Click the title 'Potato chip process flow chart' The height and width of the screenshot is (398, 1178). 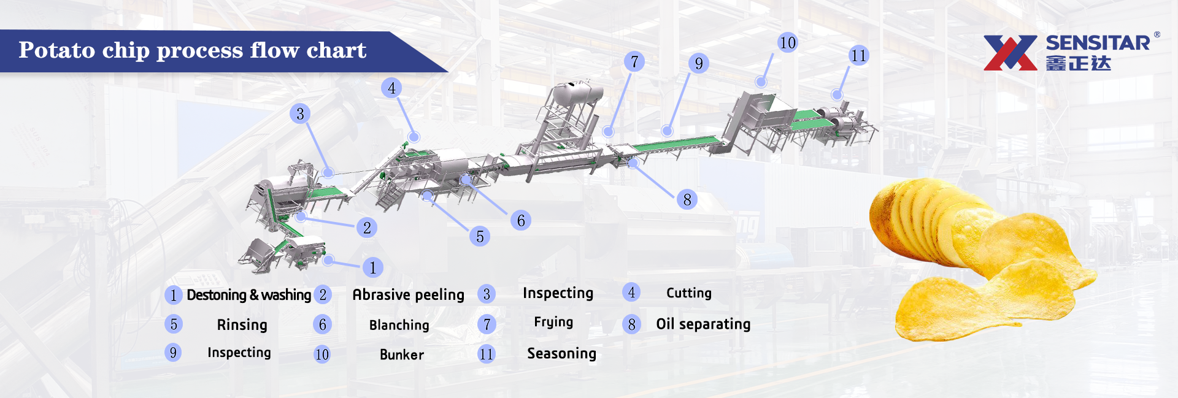click(x=192, y=50)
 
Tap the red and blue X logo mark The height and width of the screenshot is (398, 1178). click(x=1010, y=53)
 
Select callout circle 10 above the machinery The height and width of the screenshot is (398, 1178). click(x=787, y=42)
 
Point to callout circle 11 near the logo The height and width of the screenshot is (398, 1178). click(x=858, y=56)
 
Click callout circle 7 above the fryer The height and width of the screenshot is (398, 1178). click(x=634, y=61)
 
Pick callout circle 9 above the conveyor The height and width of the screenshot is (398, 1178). click(x=699, y=63)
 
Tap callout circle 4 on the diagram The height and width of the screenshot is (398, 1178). click(x=391, y=88)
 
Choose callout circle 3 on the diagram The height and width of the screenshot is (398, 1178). click(x=300, y=113)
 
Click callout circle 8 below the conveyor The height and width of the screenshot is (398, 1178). click(x=687, y=199)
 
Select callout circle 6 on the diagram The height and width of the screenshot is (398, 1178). click(x=521, y=220)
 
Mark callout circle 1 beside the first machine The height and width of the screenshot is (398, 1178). click(x=372, y=267)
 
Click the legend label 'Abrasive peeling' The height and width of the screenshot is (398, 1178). click(x=408, y=295)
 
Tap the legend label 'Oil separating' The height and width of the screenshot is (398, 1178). click(x=703, y=324)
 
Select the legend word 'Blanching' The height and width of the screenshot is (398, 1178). click(x=399, y=325)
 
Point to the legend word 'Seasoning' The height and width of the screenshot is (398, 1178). click(x=561, y=353)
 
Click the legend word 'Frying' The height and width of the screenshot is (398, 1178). click(x=553, y=322)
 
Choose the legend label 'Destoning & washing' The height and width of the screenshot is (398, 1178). click(x=248, y=295)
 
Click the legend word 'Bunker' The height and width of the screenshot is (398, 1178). click(x=402, y=354)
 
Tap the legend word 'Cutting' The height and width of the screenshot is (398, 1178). click(x=689, y=293)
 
